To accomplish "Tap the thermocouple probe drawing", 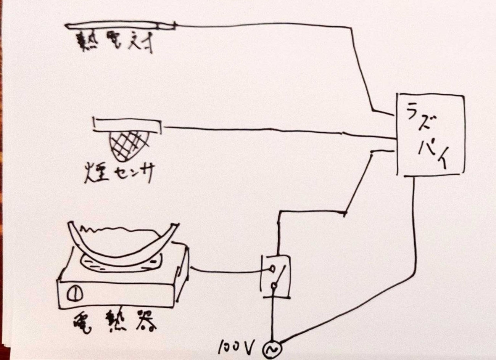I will [120, 26].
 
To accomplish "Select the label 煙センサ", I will [119, 173].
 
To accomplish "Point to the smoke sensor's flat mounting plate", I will [128, 124].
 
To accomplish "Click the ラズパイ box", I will [430, 134].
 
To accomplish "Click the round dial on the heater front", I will [73, 294].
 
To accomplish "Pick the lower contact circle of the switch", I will [273, 286].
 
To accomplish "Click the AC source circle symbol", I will [272, 349].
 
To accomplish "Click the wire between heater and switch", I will [225, 270].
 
